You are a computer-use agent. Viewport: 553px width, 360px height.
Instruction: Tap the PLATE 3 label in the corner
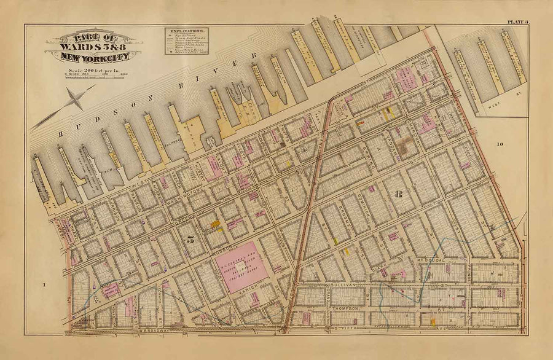coord(519,23)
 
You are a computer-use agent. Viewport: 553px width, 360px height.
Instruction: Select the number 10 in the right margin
coord(500,144)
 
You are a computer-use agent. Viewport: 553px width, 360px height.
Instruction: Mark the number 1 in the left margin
coord(45,284)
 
